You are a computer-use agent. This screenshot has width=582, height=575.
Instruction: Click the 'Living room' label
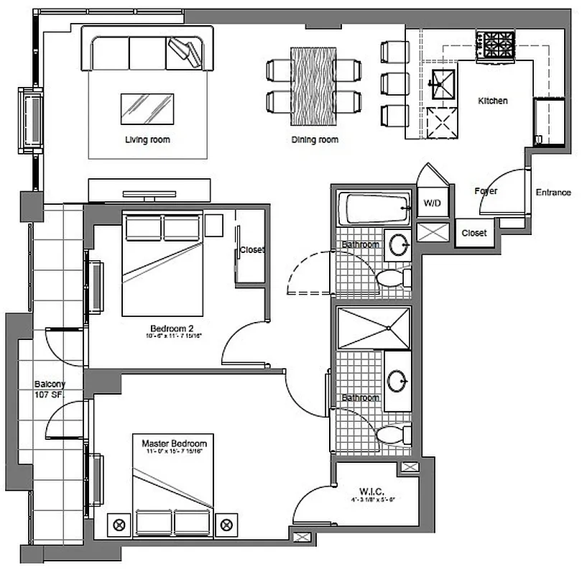[147, 139]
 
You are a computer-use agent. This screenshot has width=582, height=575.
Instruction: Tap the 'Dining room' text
[315, 139]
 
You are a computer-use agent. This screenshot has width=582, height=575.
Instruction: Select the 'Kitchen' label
[493, 101]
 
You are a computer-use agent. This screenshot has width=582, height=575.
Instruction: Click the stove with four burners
[496, 46]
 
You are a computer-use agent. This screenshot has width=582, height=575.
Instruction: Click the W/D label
[432, 203]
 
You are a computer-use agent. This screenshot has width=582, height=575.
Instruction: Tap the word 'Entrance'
[553, 193]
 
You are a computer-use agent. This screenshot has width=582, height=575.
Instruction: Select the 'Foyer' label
[486, 191]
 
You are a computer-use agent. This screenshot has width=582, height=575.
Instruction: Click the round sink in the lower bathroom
[397, 380]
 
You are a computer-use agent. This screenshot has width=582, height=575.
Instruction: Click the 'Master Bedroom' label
[174, 443]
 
